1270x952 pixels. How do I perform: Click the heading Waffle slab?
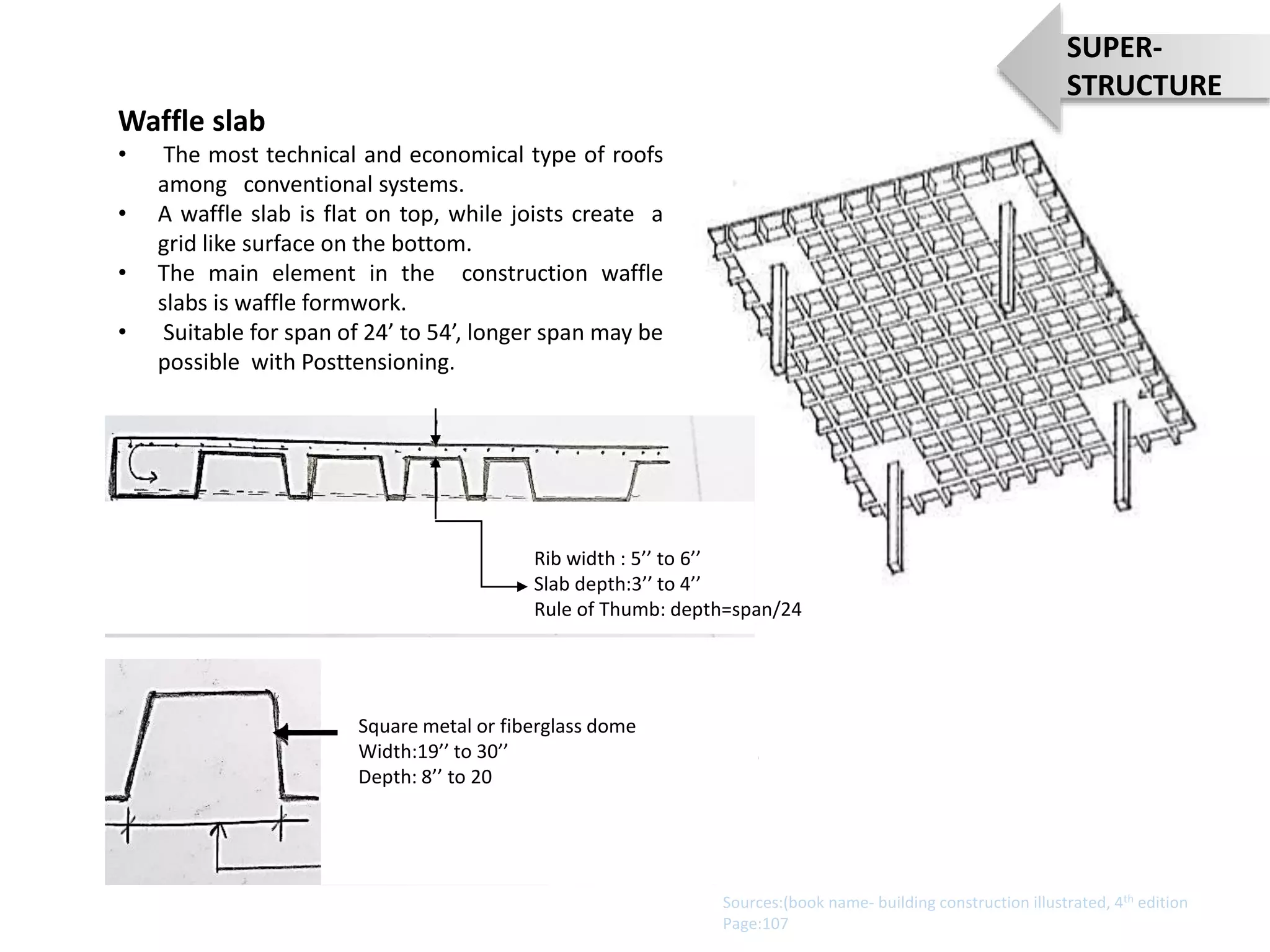(x=192, y=121)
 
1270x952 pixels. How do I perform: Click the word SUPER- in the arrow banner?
(x=1114, y=48)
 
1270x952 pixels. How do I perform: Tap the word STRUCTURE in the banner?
(x=1143, y=86)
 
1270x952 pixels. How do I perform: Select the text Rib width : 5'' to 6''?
(x=616, y=558)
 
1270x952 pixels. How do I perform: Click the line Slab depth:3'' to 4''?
(x=616, y=584)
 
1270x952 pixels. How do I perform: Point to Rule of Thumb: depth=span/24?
(x=667, y=609)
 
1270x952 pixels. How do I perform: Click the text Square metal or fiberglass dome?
(x=497, y=726)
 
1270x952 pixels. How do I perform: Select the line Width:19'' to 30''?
(x=433, y=751)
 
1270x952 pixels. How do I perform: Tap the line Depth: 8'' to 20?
(x=425, y=777)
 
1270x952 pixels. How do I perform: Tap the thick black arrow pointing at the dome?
(x=306, y=733)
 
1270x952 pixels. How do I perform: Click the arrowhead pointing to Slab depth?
(x=522, y=586)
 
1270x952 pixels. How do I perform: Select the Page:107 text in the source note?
(x=755, y=923)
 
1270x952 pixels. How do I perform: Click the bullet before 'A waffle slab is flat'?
(x=123, y=214)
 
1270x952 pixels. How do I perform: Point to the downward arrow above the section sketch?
(x=436, y=428)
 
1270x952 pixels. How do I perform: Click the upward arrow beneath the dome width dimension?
(x=218, y=834)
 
